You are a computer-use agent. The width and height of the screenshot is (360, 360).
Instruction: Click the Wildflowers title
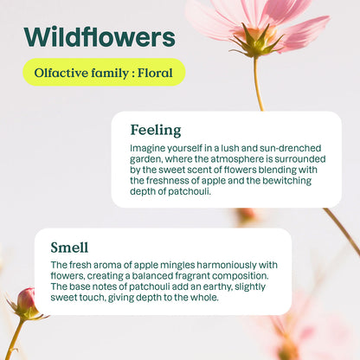[99, 37]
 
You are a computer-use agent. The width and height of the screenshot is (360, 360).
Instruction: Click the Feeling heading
[155, 130]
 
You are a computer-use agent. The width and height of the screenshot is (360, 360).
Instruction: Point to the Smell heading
[69, 247]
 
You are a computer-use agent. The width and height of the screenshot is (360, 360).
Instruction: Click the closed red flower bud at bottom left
[27, 301]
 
